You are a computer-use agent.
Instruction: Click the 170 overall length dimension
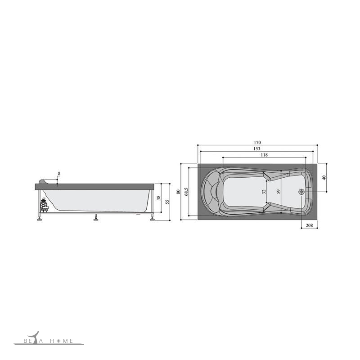[257, 142]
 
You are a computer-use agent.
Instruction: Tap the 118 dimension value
[264, 155]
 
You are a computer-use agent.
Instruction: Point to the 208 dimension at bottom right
[309, 225]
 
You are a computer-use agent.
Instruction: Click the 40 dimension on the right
[324, 177]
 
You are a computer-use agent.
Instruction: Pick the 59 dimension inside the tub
[279, 191]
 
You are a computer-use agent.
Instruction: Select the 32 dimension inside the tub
[264, 191]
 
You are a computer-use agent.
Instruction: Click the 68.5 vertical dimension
[186, 192]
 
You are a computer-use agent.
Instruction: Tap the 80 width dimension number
[179, 192]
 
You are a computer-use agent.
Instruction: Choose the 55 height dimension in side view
[167, 202]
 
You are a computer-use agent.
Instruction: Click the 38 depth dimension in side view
[158, 198]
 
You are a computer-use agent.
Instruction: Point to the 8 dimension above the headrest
[59, 173]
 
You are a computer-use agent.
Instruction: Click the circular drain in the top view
[301, 191]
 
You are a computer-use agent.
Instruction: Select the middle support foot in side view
[95, 219]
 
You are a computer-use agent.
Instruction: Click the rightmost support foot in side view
[152, 219]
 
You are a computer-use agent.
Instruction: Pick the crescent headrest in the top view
[211, 191]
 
